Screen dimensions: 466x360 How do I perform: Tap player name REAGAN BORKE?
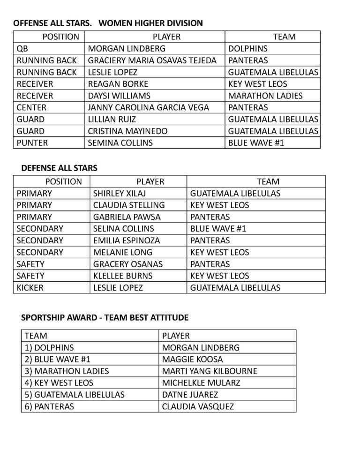coord(118,84)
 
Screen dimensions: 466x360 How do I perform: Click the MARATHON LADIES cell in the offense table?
coord(265,96)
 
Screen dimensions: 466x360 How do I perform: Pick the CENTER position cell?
coord(31,107)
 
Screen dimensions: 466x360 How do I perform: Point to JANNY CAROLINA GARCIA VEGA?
coord(148,107)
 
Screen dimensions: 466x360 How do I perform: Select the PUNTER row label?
coord(32,143)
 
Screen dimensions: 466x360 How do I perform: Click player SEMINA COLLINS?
coord(120,143)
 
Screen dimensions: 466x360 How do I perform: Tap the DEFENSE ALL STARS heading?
coord(59,168)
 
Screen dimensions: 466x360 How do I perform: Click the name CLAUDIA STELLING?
coord(129,205)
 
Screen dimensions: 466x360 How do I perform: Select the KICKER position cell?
coord(30,287)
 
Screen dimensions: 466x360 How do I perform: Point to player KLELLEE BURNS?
coord(123,276)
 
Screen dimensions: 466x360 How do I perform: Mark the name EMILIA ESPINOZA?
coord(127,241)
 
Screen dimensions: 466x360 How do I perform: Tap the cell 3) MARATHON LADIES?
coord(67,371)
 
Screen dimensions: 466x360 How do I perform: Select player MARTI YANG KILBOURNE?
coord(210,371)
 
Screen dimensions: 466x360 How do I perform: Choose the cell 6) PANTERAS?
coord(49,406)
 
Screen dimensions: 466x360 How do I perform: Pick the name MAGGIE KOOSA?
coord(192,360)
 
